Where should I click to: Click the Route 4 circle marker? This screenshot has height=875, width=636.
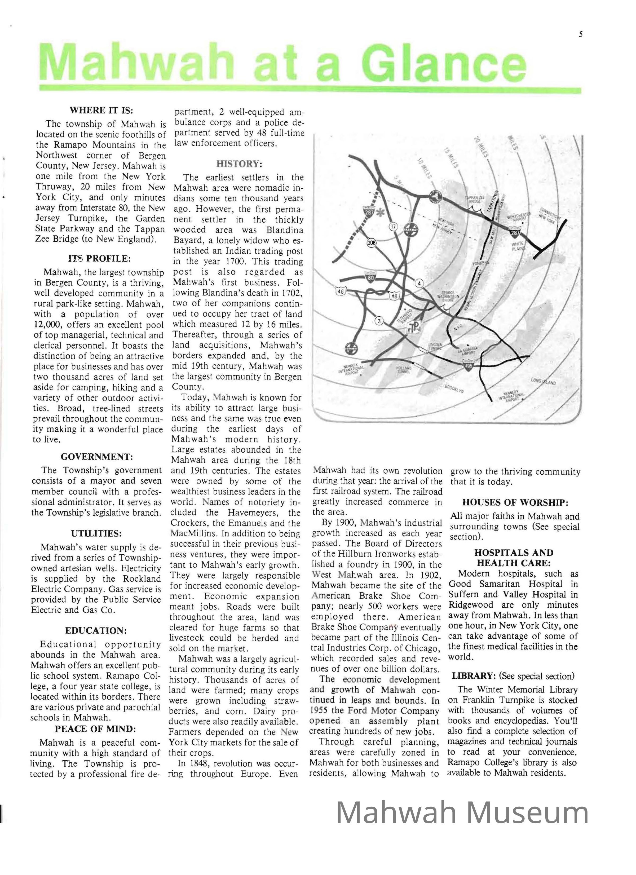[x=419, y=284]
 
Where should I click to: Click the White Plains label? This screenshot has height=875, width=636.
[x=518, y=246]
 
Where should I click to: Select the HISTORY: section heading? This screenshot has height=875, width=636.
[x=239, y=164]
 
